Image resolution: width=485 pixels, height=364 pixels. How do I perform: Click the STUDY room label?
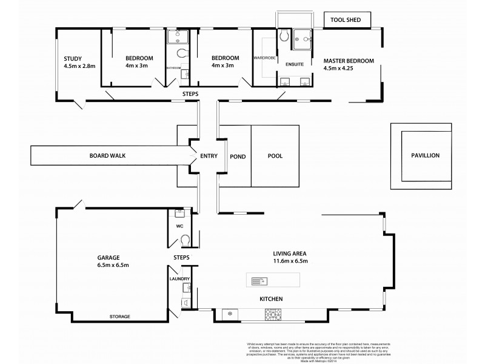coord(73,58)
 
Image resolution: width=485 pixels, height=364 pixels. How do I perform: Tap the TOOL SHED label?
coord(346,20)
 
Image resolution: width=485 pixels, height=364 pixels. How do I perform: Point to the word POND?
coord(237,156)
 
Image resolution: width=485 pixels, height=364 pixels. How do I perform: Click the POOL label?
coord(275,156)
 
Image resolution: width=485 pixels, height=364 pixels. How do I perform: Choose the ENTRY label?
coord(208,156)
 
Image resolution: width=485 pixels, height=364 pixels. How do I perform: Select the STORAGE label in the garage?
coord(119,317)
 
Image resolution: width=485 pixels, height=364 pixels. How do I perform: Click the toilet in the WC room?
coord(186,242)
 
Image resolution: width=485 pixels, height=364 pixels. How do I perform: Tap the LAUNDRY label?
coord(181,279)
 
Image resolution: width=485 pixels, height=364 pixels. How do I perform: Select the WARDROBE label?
coord(265,58)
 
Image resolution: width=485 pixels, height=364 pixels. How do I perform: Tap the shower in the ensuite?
coord(301,39)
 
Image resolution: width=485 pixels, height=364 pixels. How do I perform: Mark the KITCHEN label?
coord(271,300)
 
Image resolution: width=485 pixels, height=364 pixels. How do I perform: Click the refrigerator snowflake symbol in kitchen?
coord(230,314)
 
